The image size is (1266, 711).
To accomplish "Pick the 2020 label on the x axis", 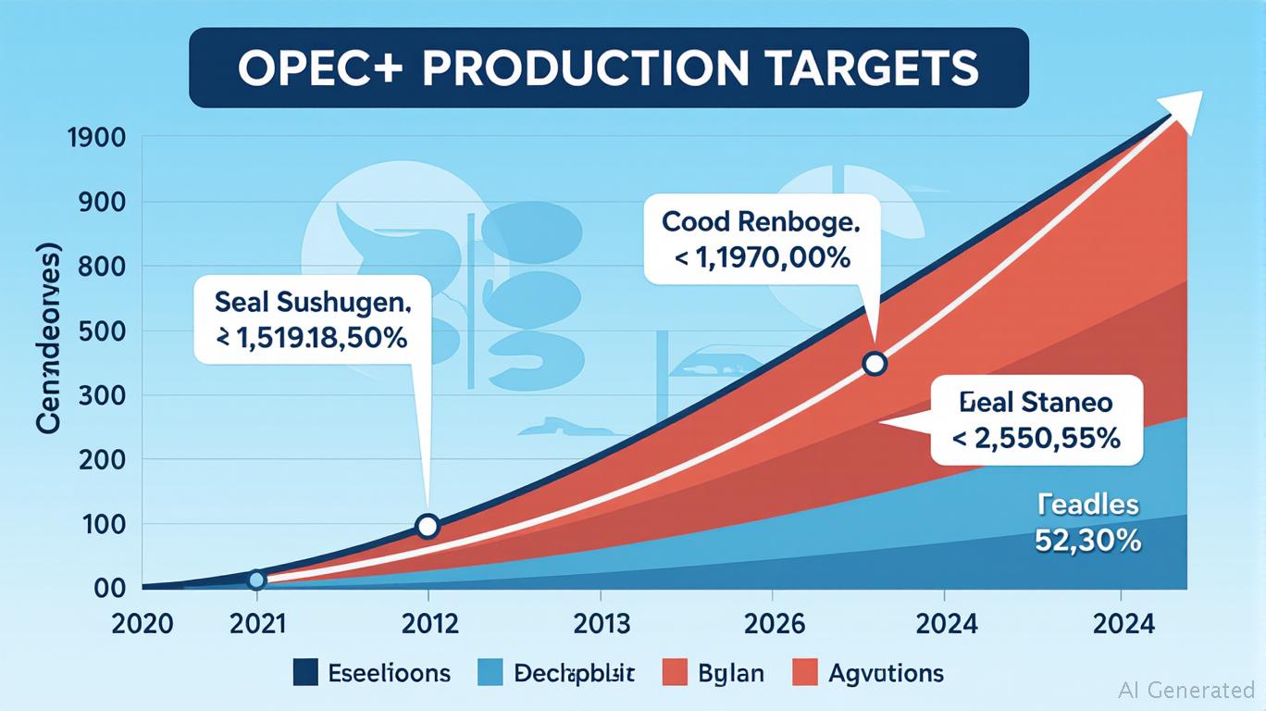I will tap(142, 623).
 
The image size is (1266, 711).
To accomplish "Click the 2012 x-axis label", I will tap(427, 623).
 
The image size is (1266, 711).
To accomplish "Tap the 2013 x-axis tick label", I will tap(601, 623).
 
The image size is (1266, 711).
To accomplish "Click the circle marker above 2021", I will tap(257, 580).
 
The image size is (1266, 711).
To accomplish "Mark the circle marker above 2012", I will tap(427, 526).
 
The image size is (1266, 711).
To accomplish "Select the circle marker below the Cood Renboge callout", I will tap(874, 364).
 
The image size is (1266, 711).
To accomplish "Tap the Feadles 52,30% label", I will tap(1086, 522).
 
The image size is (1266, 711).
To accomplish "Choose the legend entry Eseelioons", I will tap(370, 672).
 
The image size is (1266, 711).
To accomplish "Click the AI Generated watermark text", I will tap(1186, 690).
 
